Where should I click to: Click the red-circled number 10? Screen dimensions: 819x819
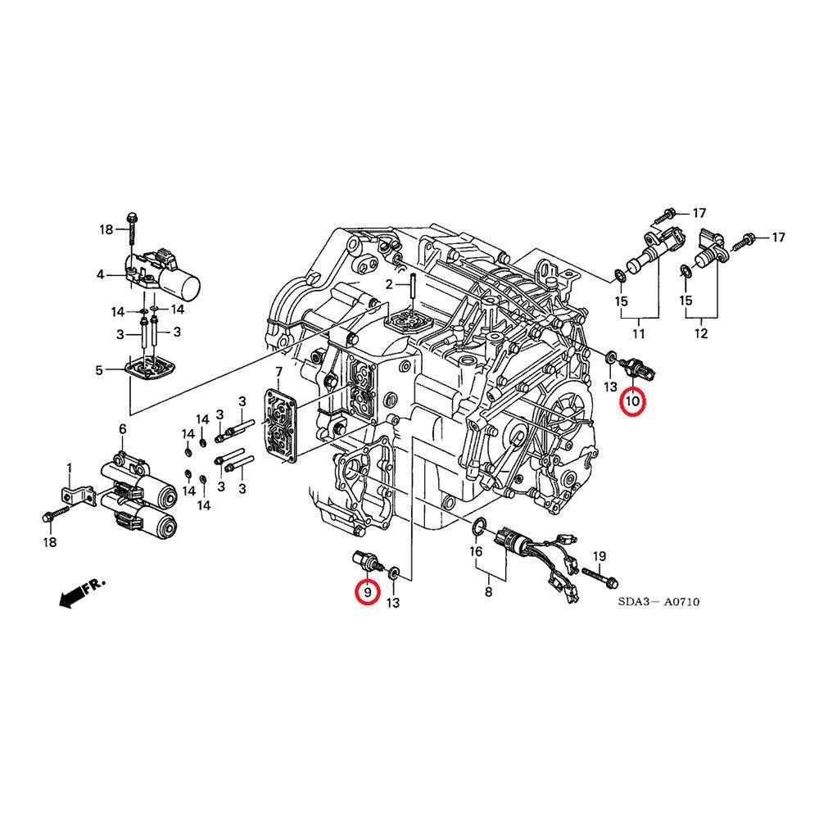(x=632, y=402)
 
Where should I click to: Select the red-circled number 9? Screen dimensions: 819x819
(x=367, y=591)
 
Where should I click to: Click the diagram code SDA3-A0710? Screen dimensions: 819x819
(x=658, y=602)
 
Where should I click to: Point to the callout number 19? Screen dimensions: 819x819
(x=599, y=557)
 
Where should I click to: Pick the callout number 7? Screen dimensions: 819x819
(x=278, y=373)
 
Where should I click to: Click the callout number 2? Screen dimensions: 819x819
(x=391, y=284)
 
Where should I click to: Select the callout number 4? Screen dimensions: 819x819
(x=100, y=275)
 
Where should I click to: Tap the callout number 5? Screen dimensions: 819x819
(x=99, y=370)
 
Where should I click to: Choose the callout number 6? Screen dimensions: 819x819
(x=122, y=429)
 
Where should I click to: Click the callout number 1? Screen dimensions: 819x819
(x=70, y=468)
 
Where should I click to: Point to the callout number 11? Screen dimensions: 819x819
(x=638, y=333)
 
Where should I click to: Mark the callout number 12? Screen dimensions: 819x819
(x=701, y=333)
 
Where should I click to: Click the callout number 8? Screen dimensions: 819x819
(x=488, y=591)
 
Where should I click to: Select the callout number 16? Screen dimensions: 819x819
(x=476, y=553)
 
